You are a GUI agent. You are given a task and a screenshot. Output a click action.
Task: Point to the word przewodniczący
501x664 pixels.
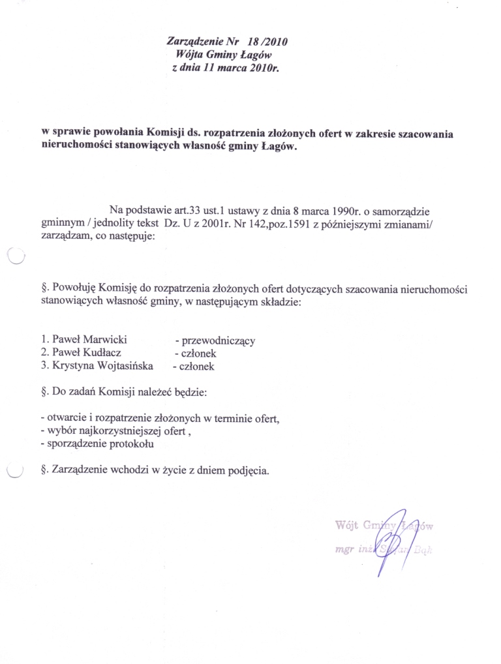click(x=219, y=340)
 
